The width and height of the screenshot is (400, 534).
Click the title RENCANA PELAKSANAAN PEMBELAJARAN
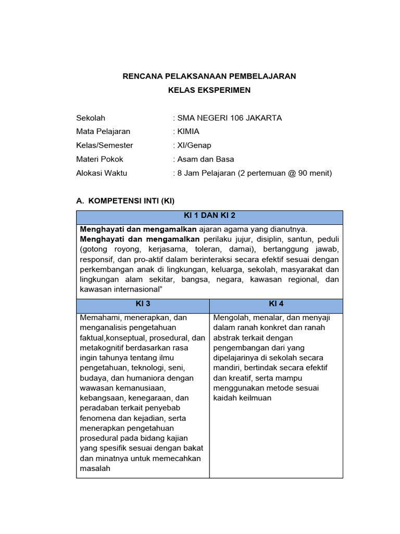click(209, 76)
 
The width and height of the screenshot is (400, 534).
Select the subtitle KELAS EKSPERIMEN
click(209, 90)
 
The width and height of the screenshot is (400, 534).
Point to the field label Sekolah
click(91, 118)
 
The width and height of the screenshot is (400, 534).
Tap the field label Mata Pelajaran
click(103, 131)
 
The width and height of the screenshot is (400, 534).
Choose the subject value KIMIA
click(189, 131)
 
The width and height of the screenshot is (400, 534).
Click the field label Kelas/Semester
click(105, 145)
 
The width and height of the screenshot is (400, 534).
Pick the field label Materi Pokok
click(100, 159)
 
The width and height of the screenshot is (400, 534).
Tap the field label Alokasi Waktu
click(102, 173)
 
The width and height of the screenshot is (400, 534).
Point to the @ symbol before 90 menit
click(287, 173)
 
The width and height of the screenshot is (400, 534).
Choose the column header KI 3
click(143, 304)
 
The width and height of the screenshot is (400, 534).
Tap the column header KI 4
click(276, 304)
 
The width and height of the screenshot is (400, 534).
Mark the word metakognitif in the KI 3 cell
click(103, 348)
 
